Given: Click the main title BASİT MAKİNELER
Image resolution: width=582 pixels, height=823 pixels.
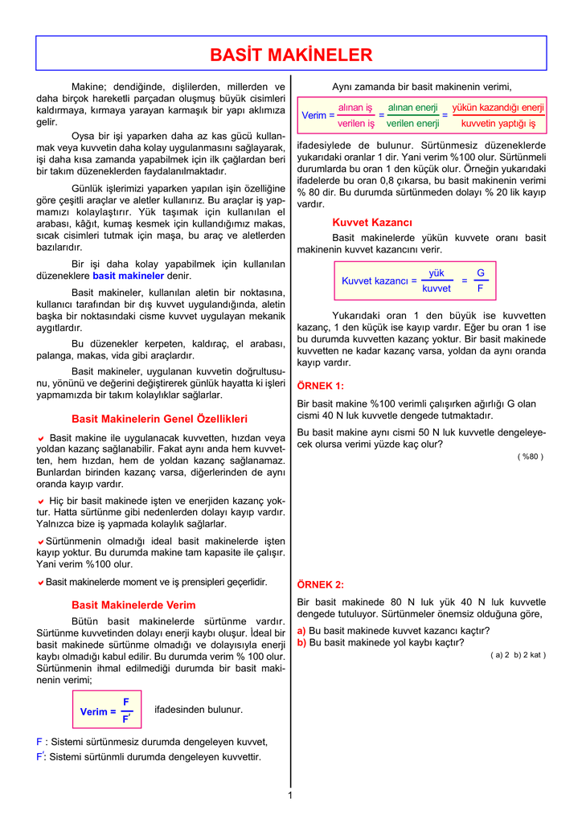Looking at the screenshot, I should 291,55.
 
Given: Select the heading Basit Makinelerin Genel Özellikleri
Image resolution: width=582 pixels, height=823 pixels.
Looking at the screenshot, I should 159,419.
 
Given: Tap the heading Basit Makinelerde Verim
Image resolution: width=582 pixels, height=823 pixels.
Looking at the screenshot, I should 133,604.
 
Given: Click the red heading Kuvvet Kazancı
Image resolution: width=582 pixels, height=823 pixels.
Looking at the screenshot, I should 372,222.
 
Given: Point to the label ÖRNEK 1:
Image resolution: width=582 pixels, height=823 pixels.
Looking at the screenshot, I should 320,386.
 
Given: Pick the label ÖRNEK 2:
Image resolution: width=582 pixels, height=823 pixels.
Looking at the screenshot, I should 320,584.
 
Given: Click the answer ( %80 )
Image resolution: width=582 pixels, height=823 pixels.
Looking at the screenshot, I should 531,457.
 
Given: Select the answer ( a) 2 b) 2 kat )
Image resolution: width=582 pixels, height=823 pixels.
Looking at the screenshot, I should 518,654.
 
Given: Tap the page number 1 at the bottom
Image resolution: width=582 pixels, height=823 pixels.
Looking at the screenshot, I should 290,795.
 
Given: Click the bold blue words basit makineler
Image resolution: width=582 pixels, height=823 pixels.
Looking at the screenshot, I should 128,276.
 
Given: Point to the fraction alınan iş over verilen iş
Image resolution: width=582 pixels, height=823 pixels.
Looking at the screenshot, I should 355,115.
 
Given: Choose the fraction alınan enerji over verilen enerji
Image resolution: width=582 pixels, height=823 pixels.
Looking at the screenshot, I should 412,115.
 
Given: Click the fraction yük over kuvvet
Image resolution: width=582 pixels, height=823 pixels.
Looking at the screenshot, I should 436,280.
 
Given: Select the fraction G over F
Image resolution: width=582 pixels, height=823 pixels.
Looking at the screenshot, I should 480,280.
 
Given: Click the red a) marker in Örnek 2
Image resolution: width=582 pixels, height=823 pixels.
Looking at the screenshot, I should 301,631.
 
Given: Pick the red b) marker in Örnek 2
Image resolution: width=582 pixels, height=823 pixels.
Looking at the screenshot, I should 301,642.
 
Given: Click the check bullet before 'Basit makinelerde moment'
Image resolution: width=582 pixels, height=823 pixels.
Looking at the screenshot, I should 40,582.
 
